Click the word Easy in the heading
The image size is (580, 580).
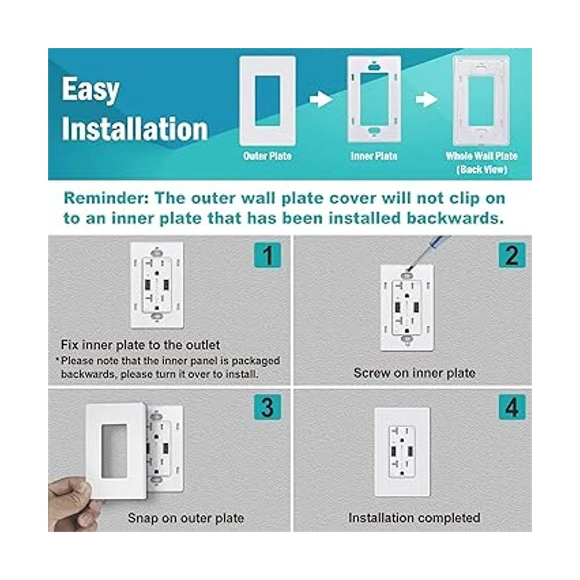tap(90, 90)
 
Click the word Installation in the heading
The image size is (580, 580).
tap(135, 129)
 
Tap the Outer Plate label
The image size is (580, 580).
tap(267, 156)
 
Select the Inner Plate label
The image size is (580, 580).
tap(374, 156)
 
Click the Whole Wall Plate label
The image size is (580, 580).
tap(481, 156)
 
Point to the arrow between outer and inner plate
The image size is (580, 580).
tap(321, 100)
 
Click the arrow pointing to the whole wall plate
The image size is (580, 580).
tap(427, 100)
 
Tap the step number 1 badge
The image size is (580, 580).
tap(268, 255)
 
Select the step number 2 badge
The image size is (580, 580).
tap(512, 255)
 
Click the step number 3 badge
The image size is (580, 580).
tap(268, 407)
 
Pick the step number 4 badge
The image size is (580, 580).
tap(512, 407)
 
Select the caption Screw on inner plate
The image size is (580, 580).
tap(414, 373)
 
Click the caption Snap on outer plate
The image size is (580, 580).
tap(186, 518)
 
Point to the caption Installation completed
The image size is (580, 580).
tap(414, 518)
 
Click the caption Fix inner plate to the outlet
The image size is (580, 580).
tap(140, 345)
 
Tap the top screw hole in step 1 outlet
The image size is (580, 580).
tap(157, 252)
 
